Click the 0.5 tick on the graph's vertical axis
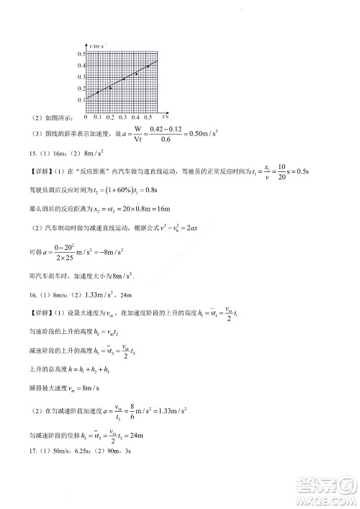(81, 54)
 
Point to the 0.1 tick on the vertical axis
(81, 99)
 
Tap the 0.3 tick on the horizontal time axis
(123, 117)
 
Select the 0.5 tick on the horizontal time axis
(148, 117)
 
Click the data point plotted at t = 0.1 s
(98, 92)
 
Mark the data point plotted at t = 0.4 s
(136, 73)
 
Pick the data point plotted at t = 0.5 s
(148, 66)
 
